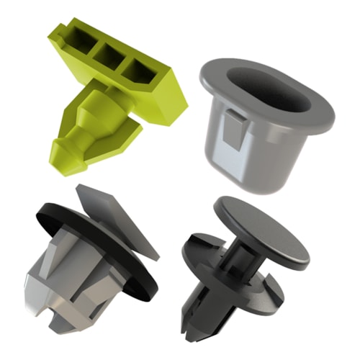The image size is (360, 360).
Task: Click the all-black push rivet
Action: click(x=238, y=274)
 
